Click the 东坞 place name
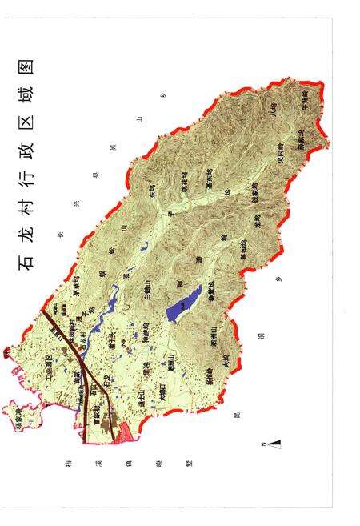(152, 192)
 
